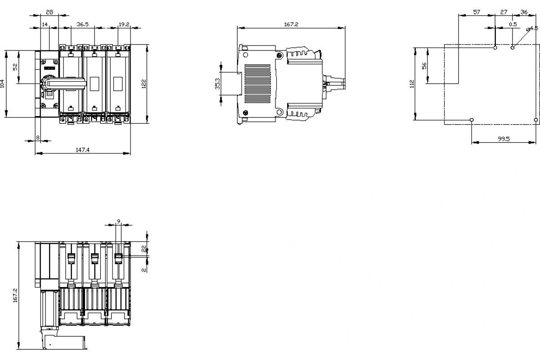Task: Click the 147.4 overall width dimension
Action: pos(82,150)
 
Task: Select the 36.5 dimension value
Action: pos(82,25)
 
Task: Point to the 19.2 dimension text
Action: pos(124,25)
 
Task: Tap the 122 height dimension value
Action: pos(144,84)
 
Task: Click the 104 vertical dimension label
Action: pos(3,84)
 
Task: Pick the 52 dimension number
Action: pos(15,67)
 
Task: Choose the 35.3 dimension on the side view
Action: pos(218,83)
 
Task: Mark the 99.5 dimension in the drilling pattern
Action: pos(504,139)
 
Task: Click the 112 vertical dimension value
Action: pos(412,84)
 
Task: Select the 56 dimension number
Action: pos(424,66)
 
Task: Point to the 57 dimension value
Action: pos(477,12)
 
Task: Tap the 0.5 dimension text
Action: pos(513,24)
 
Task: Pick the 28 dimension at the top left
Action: pos(49,12)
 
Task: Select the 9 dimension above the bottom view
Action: pos(118,221)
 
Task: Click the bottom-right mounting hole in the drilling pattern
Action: pos(535,120)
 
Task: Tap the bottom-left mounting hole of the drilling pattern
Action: pos(471,120)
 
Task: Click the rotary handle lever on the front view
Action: pos(67,82)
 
